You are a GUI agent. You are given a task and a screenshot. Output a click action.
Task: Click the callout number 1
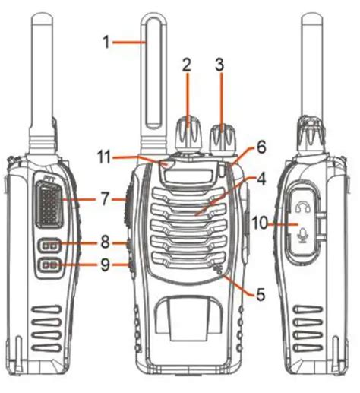(x=106, y=42)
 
